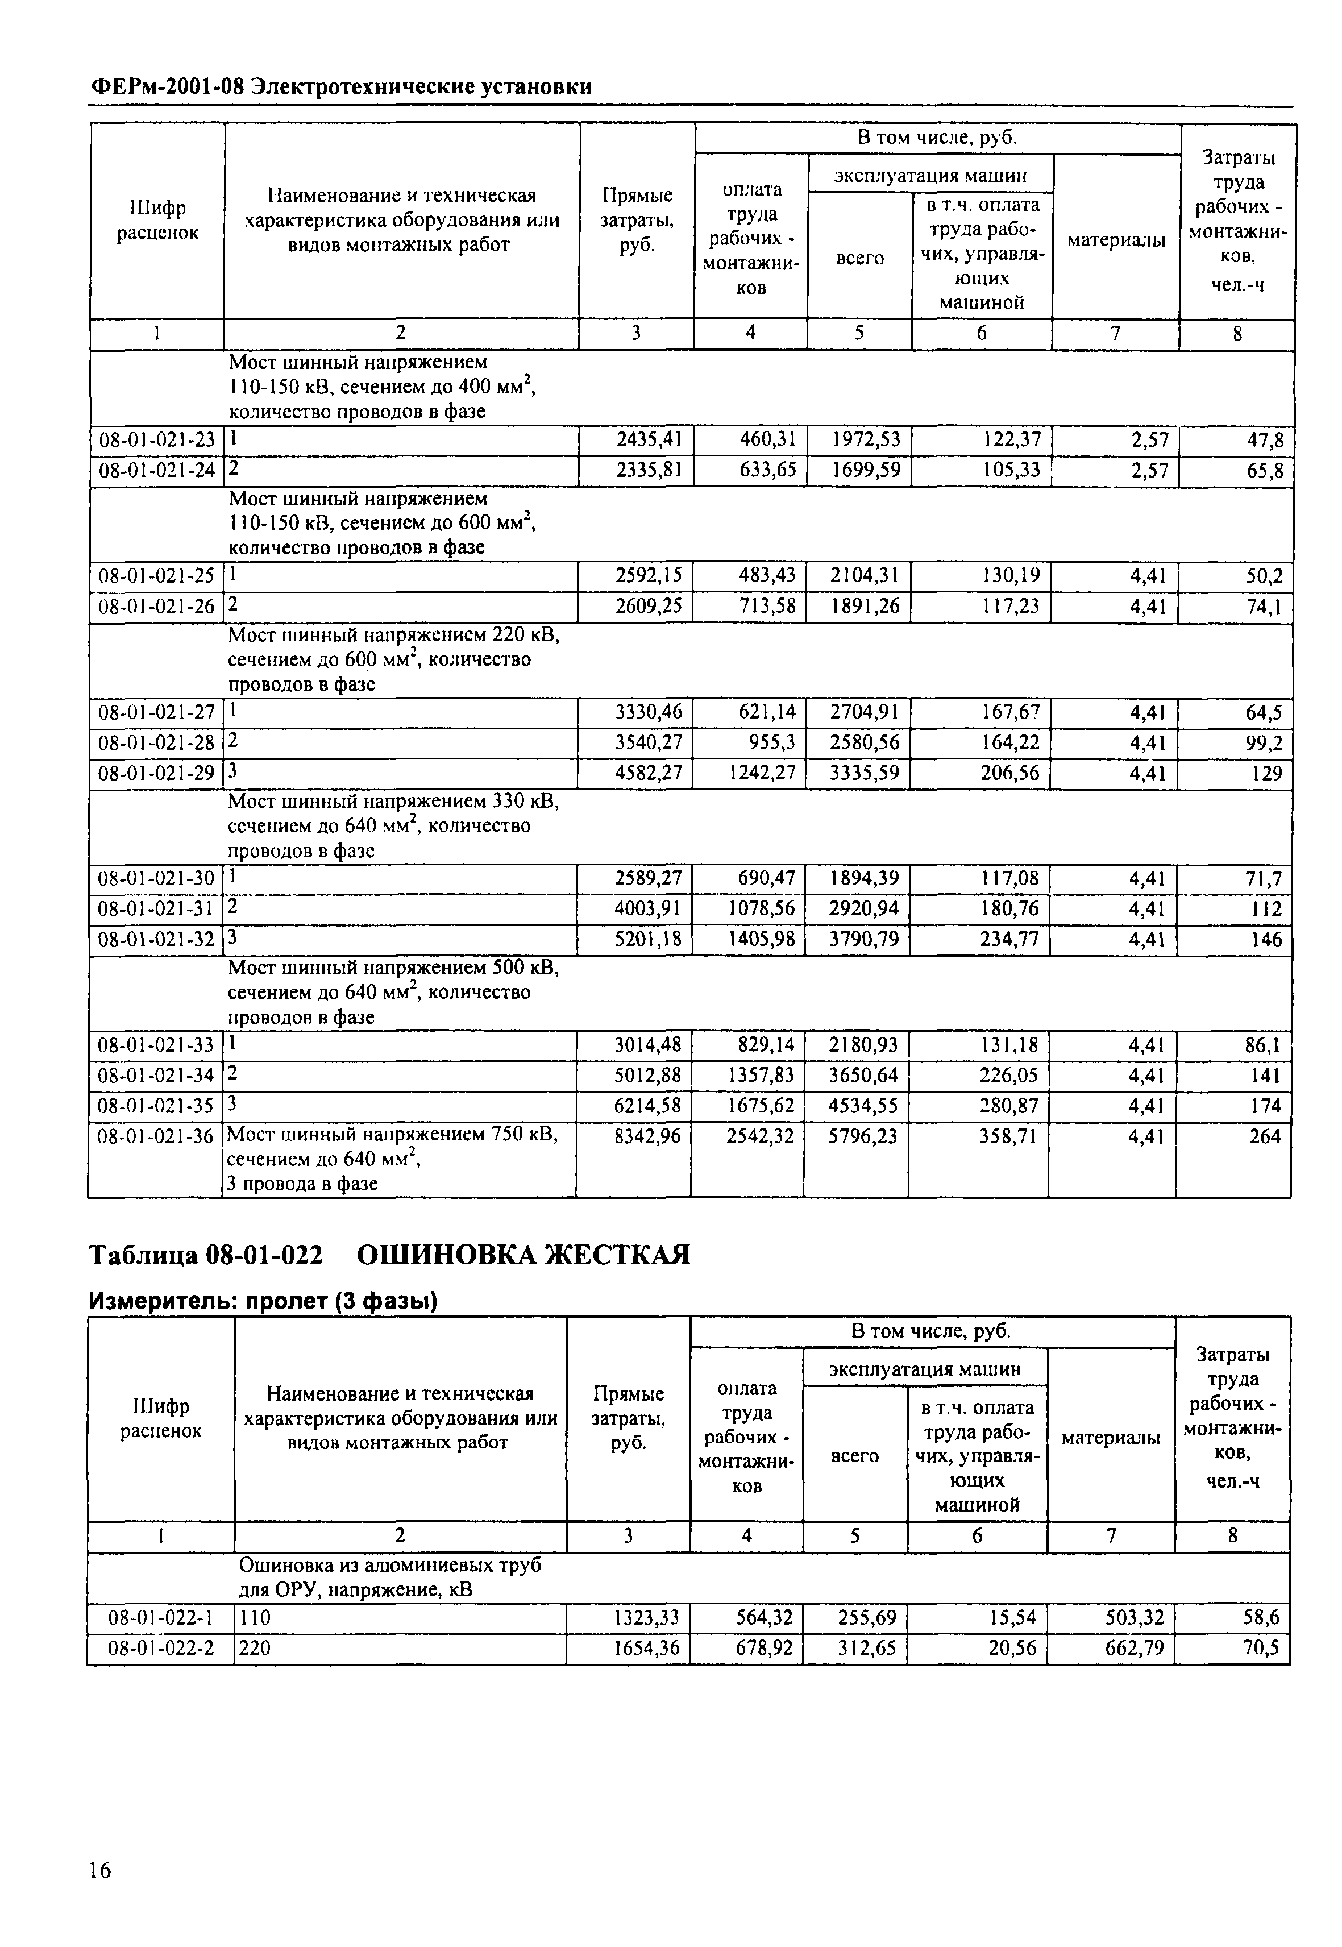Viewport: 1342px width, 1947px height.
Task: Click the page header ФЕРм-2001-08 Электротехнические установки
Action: [x=340, y=86]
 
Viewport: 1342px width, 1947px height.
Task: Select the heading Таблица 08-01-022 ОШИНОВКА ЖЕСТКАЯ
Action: [x=389, y=1256]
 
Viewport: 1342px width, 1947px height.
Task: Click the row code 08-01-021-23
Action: [x=156, y=440]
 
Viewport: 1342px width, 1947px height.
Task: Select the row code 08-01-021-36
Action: [x=156, y=1136]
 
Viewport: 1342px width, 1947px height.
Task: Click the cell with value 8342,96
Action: [x=647, y=1136]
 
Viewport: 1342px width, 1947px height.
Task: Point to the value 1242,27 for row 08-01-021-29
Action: [x=761, y=773]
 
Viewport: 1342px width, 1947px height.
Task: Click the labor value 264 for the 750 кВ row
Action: [x=1265, y=1136]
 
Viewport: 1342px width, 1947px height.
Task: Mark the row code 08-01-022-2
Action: [x=160, y=1647]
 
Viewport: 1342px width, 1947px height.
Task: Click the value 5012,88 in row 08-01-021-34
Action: [x=647, y=1075]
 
